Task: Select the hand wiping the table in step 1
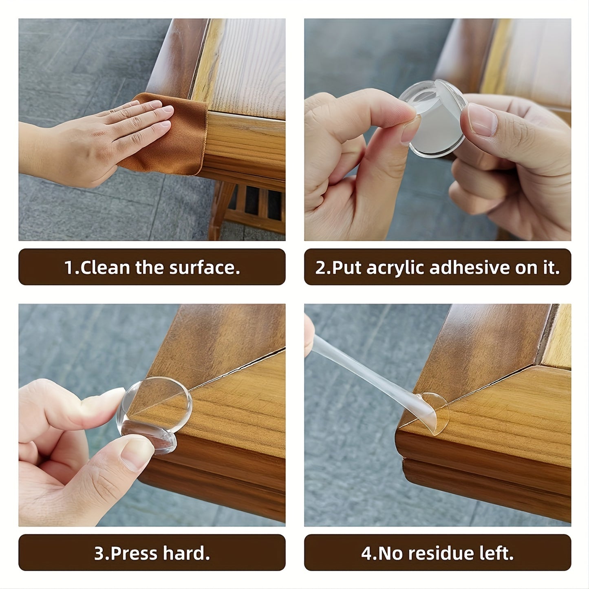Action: point(102,139)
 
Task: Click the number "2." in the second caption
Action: point(322,268)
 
